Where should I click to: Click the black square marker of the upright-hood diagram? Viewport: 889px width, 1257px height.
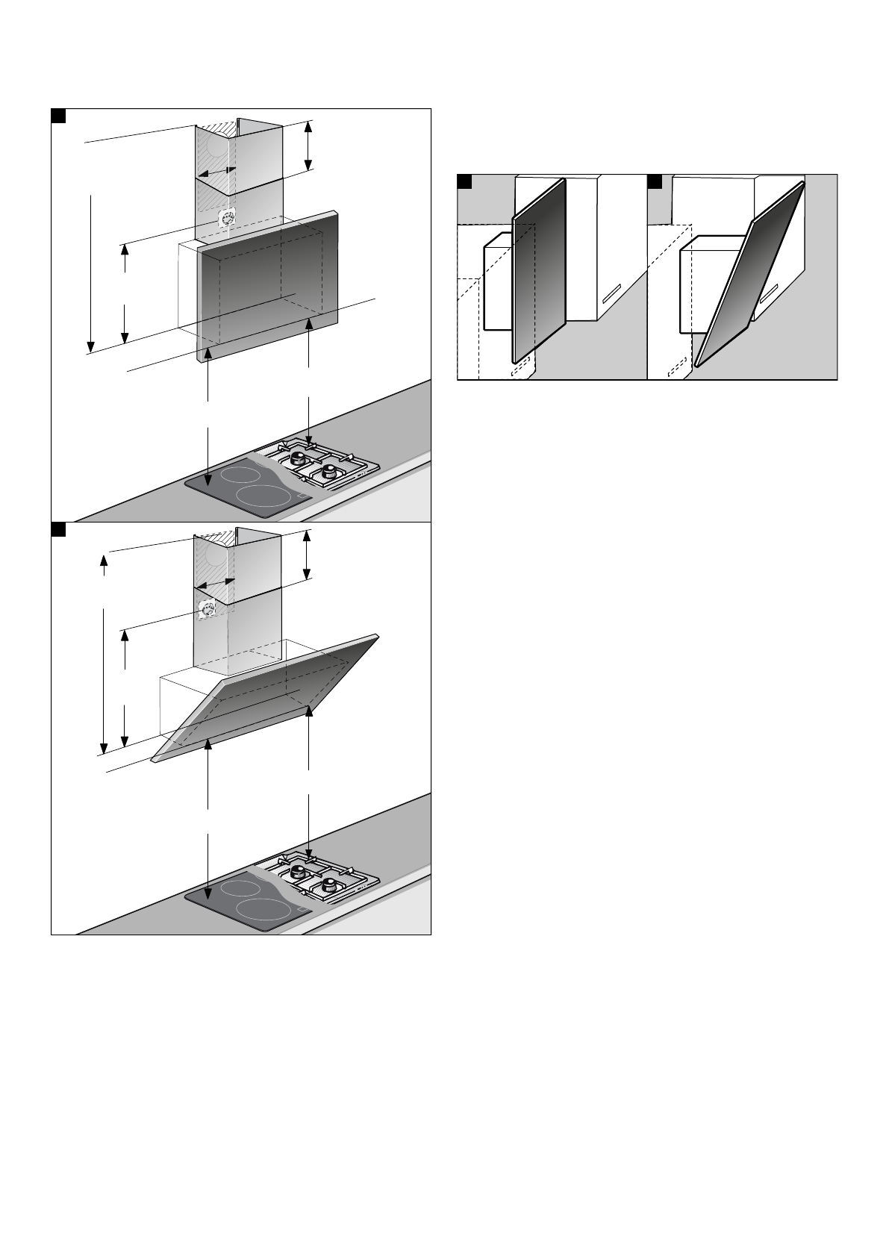[x=59, y=116]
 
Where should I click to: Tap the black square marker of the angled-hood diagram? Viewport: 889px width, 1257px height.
[x=59, y=529]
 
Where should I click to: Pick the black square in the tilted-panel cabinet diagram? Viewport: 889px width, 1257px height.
[x=655, y=181]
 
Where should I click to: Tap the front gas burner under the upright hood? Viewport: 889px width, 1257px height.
[x=326, y=472]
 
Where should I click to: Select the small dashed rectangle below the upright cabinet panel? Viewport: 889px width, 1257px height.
[x=522, y=367]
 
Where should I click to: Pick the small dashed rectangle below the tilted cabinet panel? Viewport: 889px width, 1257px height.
[x=676, y=366]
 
